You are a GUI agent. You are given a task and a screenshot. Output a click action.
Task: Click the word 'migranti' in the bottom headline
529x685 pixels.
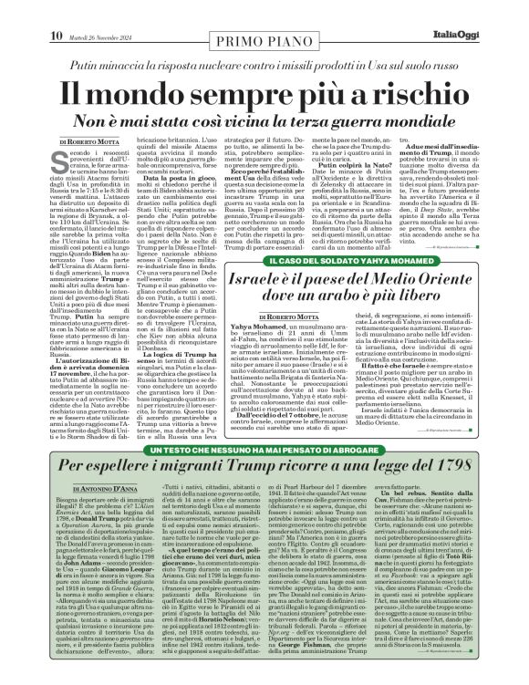pos(187,471)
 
